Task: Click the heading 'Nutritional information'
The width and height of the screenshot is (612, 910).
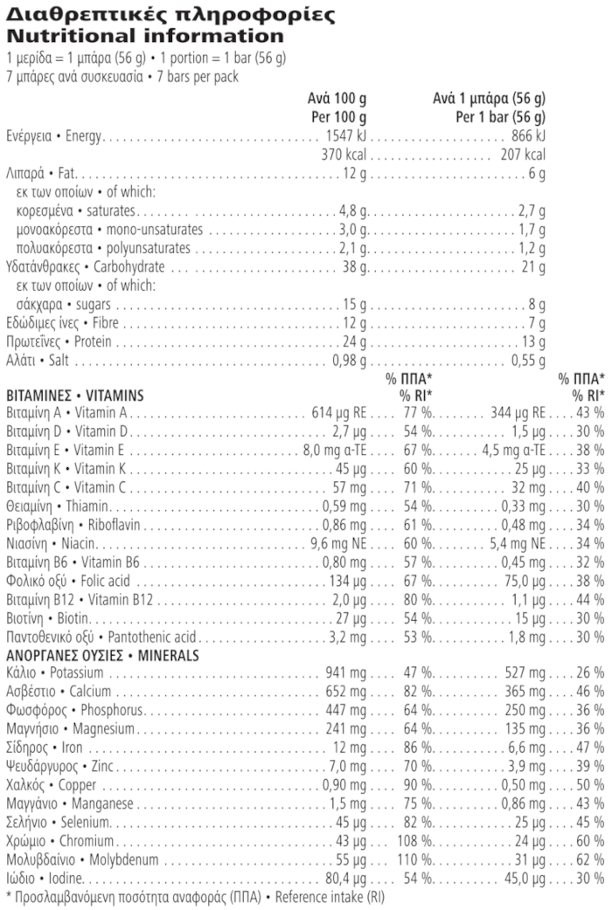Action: pos(145,37)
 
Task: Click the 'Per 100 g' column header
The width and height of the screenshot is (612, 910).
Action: pos(338,117)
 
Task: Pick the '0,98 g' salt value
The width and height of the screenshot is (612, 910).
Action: pos(350,361)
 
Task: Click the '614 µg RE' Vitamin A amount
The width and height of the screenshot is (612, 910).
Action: pos(339,412)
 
